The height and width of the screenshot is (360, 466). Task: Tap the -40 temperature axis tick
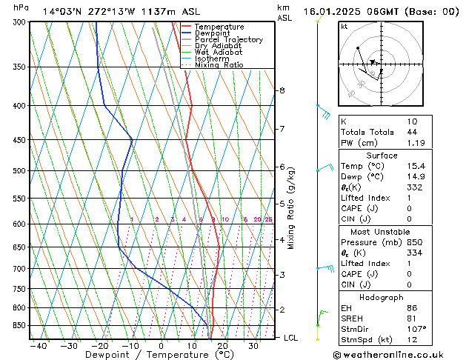[x=38, y=346]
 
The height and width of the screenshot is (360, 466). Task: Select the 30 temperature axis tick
[x=253, y=346]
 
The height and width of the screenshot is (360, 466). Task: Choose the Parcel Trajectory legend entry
[x=228, y=40]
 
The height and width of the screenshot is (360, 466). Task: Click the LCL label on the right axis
[x=291, y=338]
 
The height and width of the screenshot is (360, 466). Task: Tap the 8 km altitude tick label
[x=282, y=90]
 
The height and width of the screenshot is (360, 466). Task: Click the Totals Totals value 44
[x=412, y=132]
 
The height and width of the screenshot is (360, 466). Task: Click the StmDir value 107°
[x=416, y=329]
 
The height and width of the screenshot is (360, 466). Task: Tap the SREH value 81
[x=412, y=318]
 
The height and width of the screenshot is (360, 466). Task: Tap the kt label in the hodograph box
[x=344, y=26]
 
